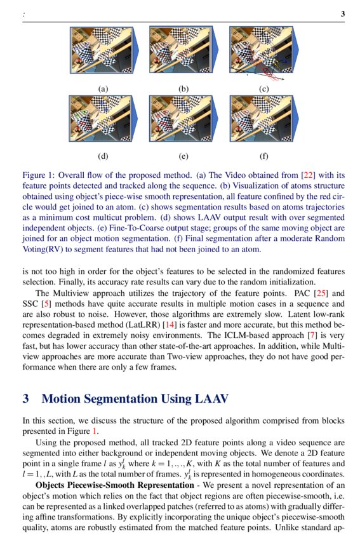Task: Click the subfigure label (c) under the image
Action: click(263, 89)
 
